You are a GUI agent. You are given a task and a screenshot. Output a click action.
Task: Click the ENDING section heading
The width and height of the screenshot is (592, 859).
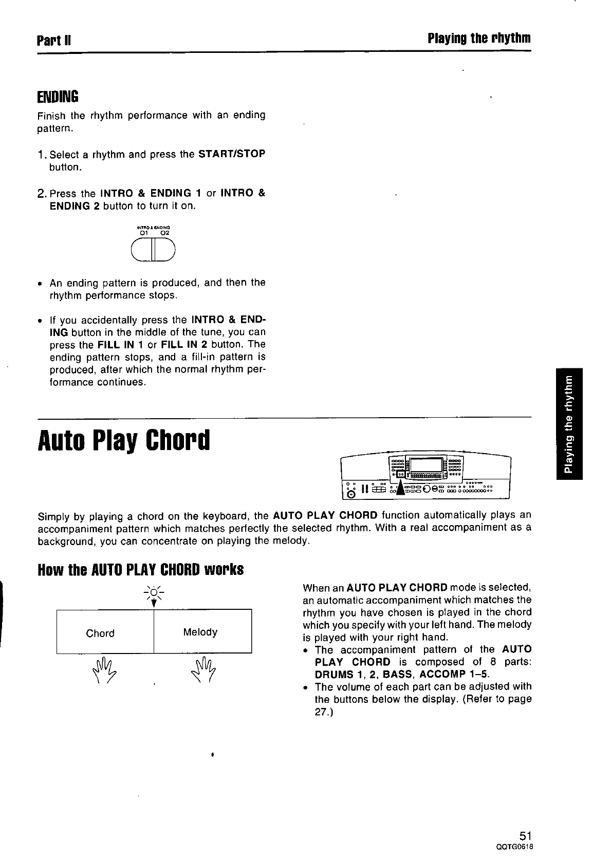pyautogui.click(x=58, y=96)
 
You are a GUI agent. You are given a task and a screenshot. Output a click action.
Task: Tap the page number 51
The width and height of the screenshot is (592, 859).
pyautogui.click(x=524, y=834)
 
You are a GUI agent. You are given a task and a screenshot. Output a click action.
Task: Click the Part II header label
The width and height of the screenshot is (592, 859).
pyautogui.click(x=53, y=40)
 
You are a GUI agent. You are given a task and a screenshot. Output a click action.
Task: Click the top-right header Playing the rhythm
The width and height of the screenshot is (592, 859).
pyautogui.click(x=478, y=39)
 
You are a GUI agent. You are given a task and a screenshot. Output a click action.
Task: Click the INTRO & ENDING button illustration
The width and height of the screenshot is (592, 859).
pyautogui.click(x=153, y=251)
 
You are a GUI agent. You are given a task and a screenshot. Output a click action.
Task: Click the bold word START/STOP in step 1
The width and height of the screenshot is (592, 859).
pyautogui.click(x=231, y=154)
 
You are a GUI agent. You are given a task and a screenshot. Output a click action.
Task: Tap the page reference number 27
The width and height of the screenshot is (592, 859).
pyautogui.click(x=321, y=712)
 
